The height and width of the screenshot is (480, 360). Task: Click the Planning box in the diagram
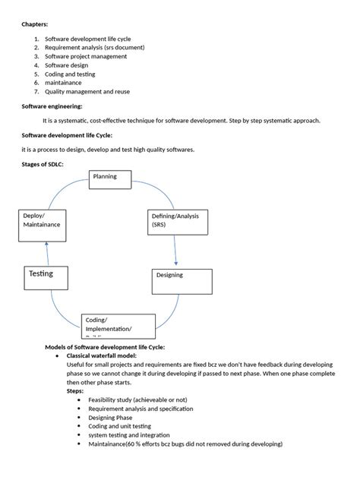[110, 178]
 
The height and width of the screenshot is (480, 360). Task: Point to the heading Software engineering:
[52, 106]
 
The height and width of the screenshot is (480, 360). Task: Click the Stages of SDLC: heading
[45, 164]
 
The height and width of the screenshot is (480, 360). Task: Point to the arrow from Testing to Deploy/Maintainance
[46, 253]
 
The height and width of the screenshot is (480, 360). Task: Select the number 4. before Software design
[36, 65]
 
